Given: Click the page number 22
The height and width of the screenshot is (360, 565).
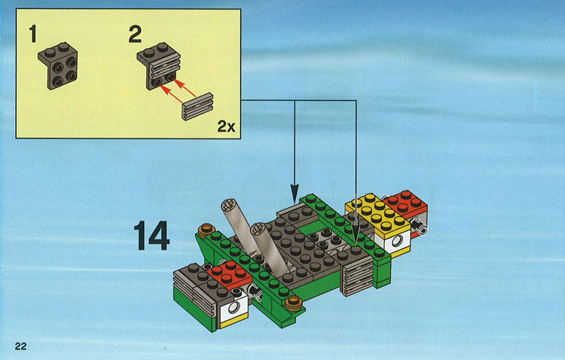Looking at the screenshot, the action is [x=20, y=346].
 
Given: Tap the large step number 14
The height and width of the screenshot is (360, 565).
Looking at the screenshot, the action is [x=151, y=236].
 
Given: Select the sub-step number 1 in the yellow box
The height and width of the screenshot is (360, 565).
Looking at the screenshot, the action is [x=33, y=34].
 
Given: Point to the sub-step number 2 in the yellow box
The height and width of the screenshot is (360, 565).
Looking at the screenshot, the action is [x=135, y=34].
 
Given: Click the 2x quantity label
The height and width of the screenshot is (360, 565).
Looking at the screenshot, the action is [x=226, y=127].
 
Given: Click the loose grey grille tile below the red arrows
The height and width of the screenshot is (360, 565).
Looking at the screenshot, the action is [x=198, y=107].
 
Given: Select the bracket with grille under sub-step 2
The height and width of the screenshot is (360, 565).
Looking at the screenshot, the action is [x=158, y=66].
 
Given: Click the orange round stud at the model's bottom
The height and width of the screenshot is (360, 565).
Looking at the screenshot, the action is [x=294, y=304].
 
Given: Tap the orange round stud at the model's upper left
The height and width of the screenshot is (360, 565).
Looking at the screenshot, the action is [x=206, y=230].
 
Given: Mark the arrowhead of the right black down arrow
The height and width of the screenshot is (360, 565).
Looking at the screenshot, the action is [x=356, y=235].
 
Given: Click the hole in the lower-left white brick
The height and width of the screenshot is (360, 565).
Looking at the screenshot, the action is [x=233, y=307].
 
